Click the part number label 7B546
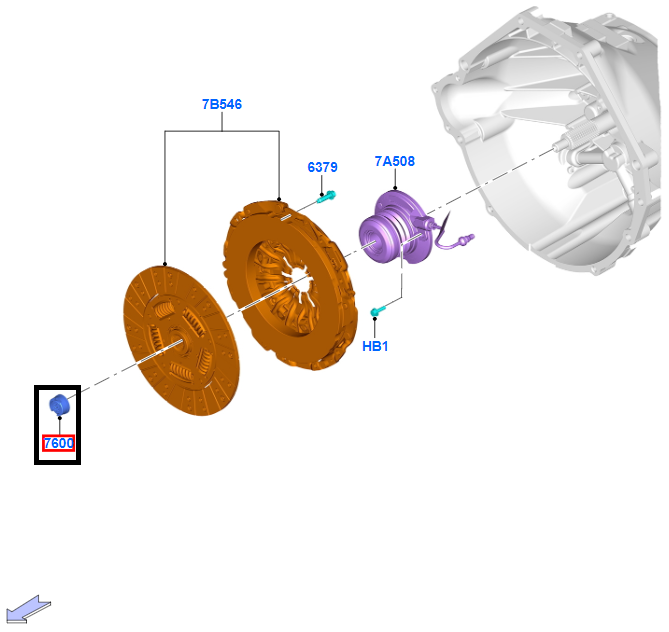click(x=221, y=104)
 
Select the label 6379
click(x=321, y=167)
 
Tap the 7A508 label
click(x=394, y=161)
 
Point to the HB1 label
click(x=375, y=346)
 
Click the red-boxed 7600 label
click(x=58, y=443)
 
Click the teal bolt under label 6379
click(x=326, y=196)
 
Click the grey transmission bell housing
click(x=560, y=150)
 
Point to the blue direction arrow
click(x=28, y=607)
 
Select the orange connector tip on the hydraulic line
click(x=466, y=239)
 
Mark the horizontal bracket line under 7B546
click(x=220, y=130)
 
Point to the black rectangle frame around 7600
click(x=37, y=425)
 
